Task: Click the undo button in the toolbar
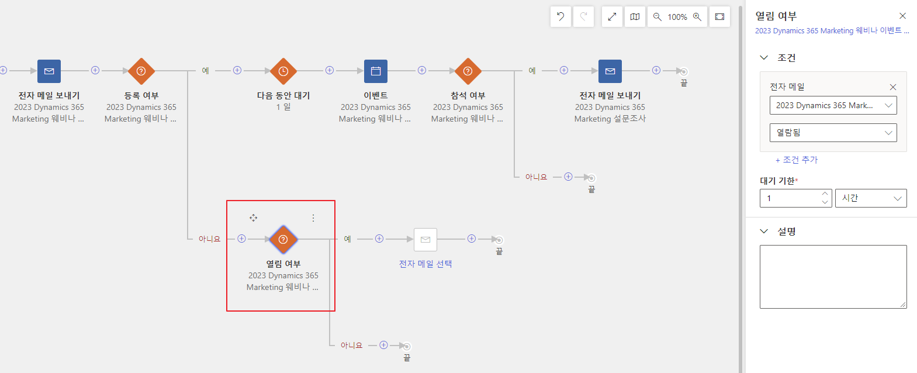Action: tap(560, 17)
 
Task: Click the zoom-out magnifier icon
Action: tap(657, 17)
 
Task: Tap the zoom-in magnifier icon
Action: tap(697, 17)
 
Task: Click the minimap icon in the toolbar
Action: tap(635, 17)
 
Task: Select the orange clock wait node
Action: tap(283, 71)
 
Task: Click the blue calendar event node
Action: tap(376, 71)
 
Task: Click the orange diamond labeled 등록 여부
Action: tap(141, 71)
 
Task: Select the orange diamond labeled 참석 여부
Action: tap(468, 71)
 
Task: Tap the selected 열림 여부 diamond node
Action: tap(283, 240)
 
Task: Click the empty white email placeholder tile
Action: tap(425, 240)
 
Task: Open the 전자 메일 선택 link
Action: tap(425, 264)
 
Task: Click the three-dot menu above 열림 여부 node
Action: tap(313, 218)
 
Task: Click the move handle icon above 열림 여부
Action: tap(254, 218)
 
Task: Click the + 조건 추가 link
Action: tap(797, 160)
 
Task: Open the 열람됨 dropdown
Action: tap(833, 133)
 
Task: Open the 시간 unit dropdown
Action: tap(871, 198)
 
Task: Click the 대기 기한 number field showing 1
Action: tap(790, 198)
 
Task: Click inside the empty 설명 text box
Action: tap(833, 277)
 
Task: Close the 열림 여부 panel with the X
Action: tap(902, 16)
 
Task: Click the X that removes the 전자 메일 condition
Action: tap(893, 87)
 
